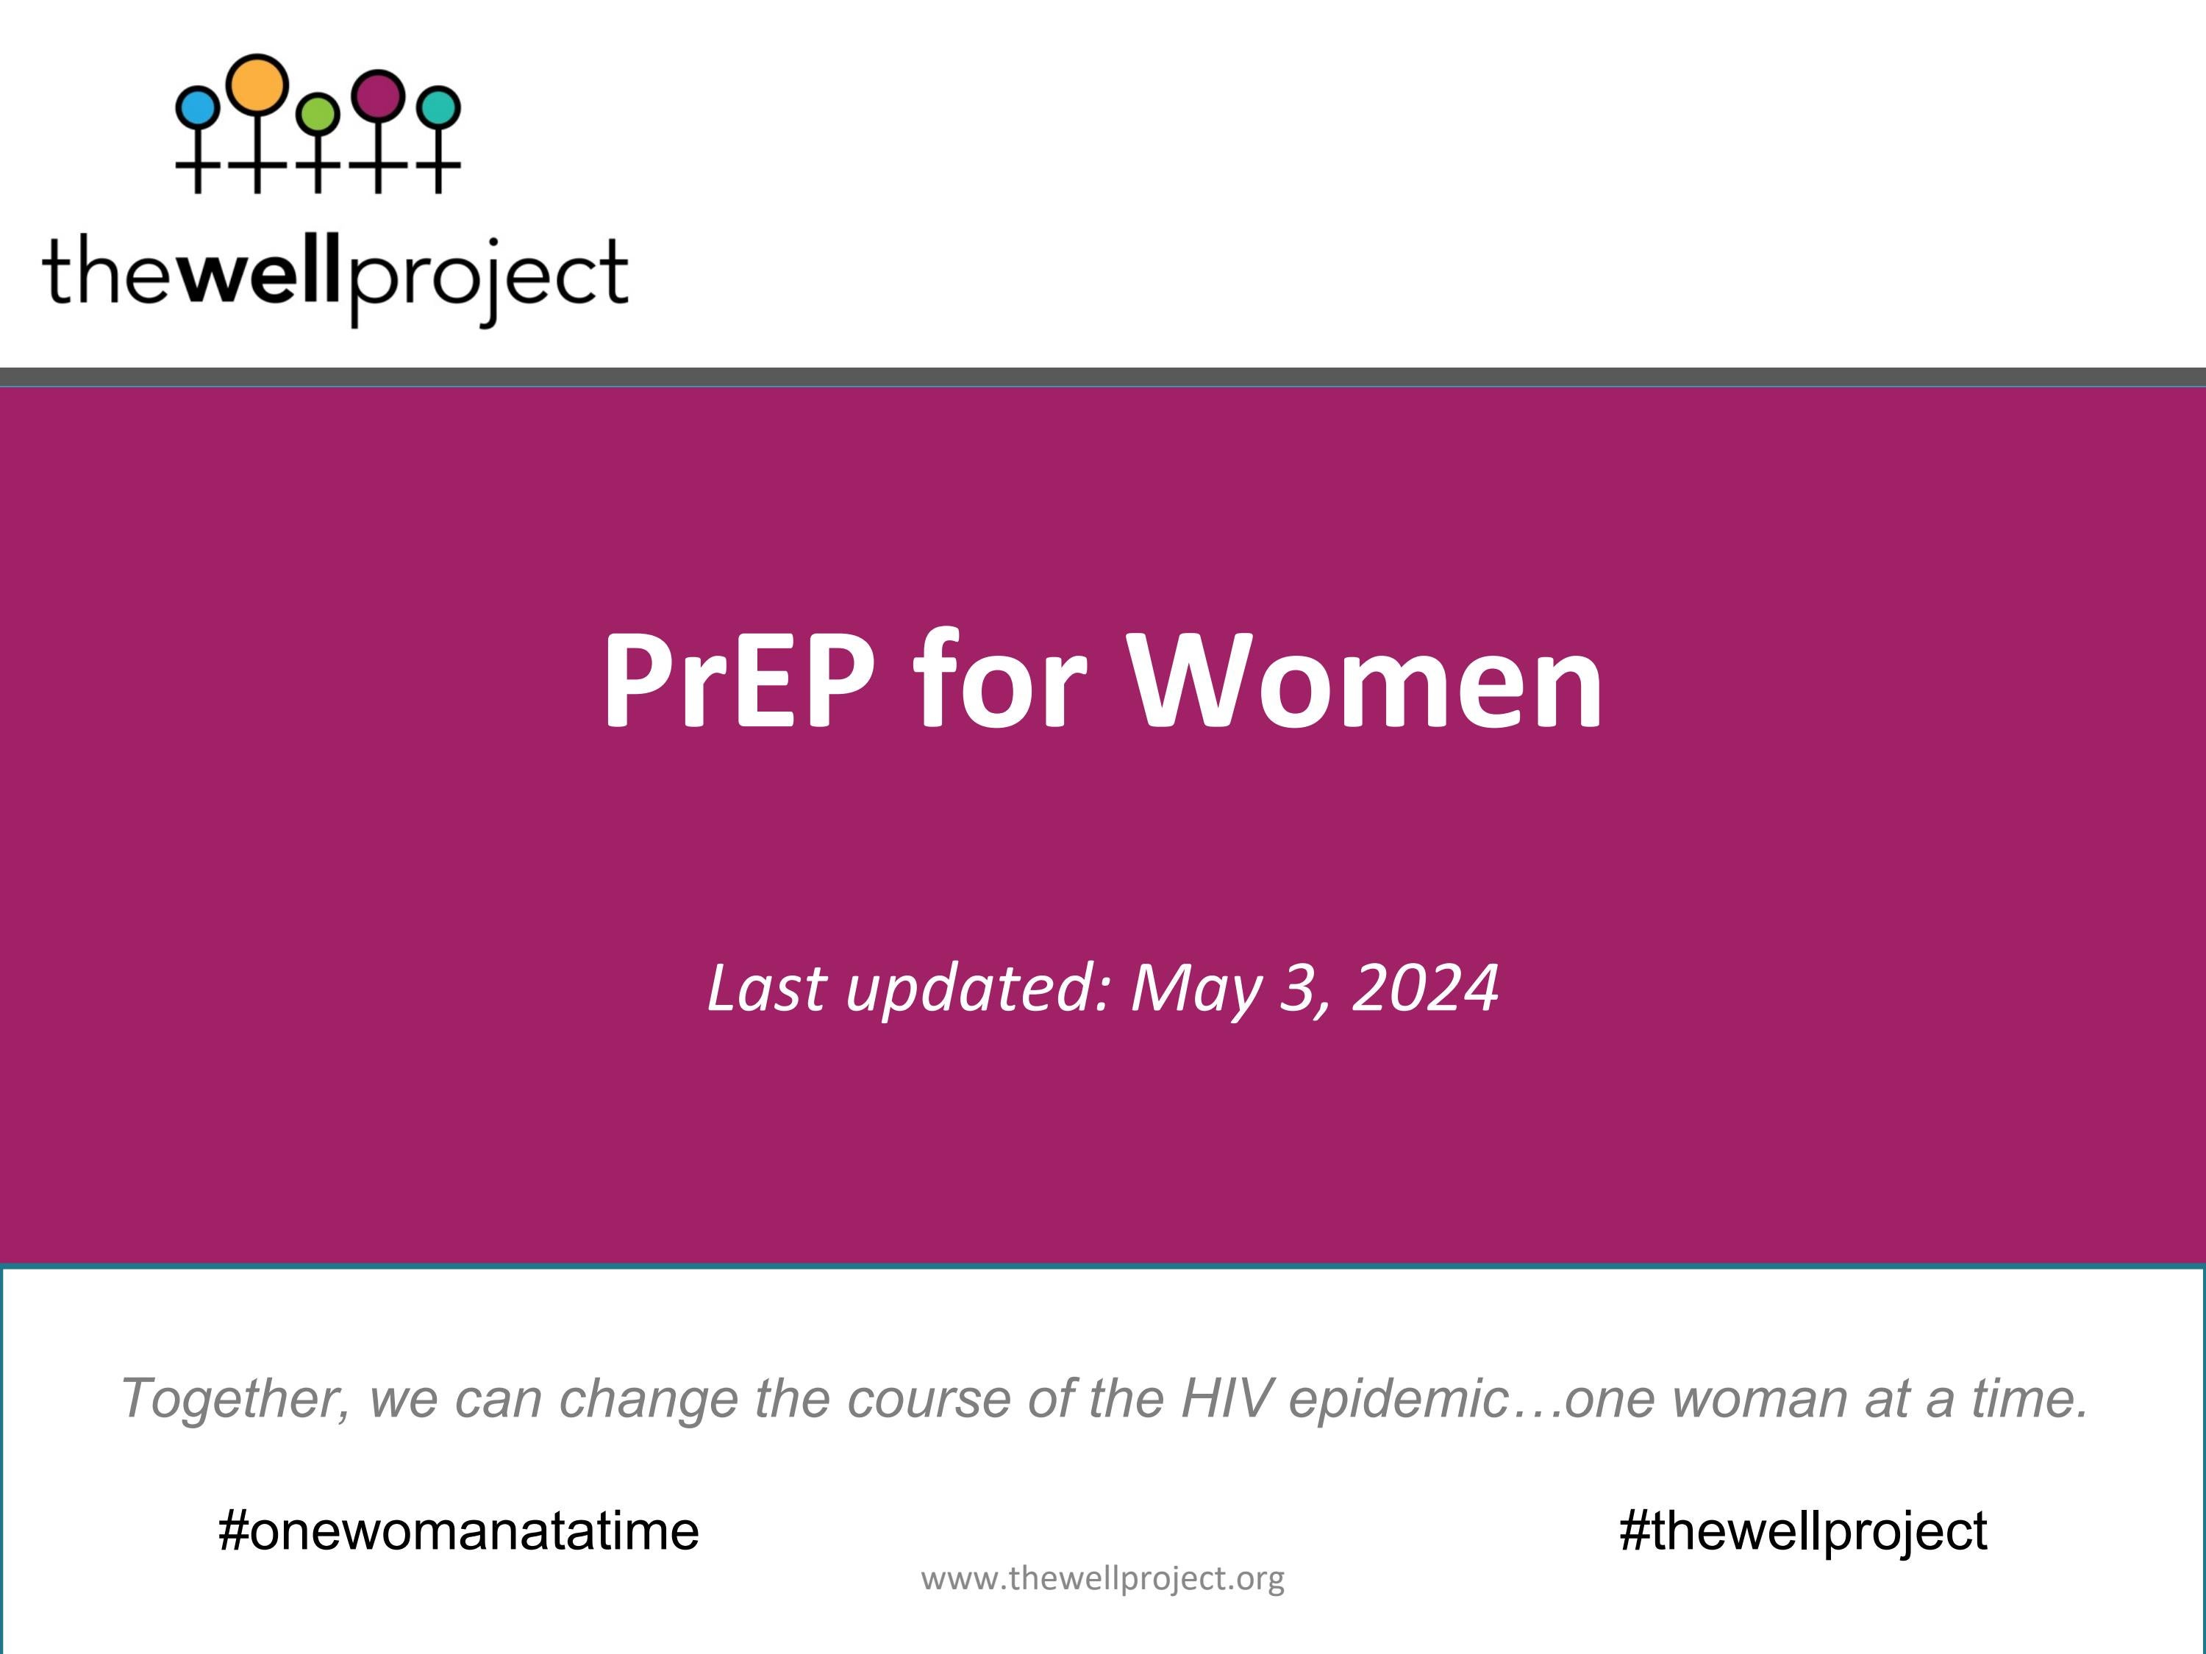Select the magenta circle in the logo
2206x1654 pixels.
(x=379, y=95)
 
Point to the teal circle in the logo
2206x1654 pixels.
(x=439, y=107)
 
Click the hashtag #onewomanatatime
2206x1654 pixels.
(x=459, y=1531)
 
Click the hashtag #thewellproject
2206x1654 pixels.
(x=1803, y=1531)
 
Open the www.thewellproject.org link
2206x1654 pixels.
(x=1102, y=1579)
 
